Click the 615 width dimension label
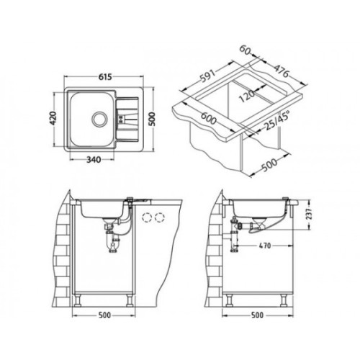105,77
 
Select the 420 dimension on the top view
53,119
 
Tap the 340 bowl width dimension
94,160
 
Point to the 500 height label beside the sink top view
153,119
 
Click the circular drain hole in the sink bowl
99,119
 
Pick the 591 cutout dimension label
207,76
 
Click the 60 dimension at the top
245,50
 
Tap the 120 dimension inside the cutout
247,96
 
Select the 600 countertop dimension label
208,118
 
